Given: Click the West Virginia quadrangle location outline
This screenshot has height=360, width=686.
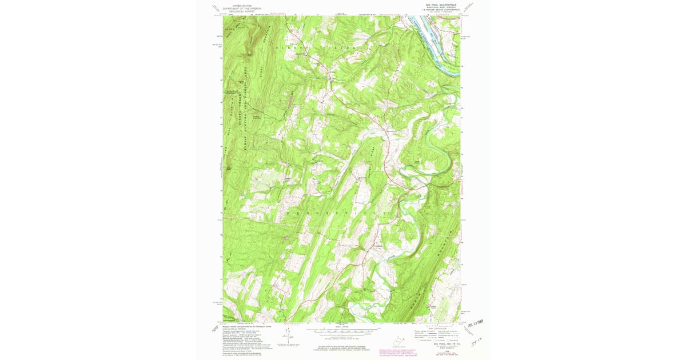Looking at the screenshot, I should tap(398, 341).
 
